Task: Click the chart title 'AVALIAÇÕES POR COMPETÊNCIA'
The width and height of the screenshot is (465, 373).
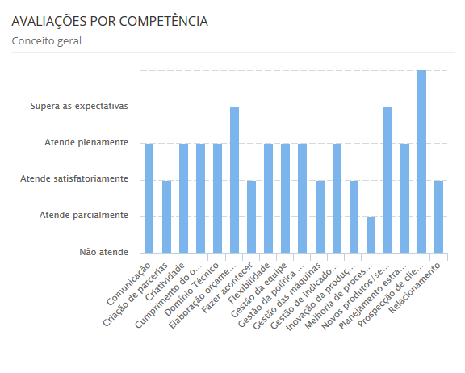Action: tap(110, 22)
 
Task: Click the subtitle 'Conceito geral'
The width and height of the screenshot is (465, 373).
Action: tap(46, 40)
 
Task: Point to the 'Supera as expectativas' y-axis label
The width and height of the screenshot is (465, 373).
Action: tap(79, 106)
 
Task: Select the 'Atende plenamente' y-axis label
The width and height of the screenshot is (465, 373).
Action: tap(86, 143)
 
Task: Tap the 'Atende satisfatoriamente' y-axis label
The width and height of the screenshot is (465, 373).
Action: tap(73, 178)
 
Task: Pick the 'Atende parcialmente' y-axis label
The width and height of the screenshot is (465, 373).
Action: tap(84, 216)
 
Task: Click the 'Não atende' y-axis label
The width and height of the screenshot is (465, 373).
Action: tap(103, 252)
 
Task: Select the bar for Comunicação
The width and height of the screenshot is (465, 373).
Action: tap(149, 198)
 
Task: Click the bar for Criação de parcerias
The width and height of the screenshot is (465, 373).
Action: tap(166, 216)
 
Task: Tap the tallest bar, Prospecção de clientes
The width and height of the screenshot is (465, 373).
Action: tap(421, 161)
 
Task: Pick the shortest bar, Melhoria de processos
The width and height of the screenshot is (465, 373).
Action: tap(371, 235)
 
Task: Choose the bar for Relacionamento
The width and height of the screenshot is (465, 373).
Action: tap(438, 216)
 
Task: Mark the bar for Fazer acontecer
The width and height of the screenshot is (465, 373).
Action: tap(251, 216)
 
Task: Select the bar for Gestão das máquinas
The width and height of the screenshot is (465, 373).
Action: tap(320, 216)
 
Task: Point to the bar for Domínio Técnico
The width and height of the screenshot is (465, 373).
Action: tap(217, 198)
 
